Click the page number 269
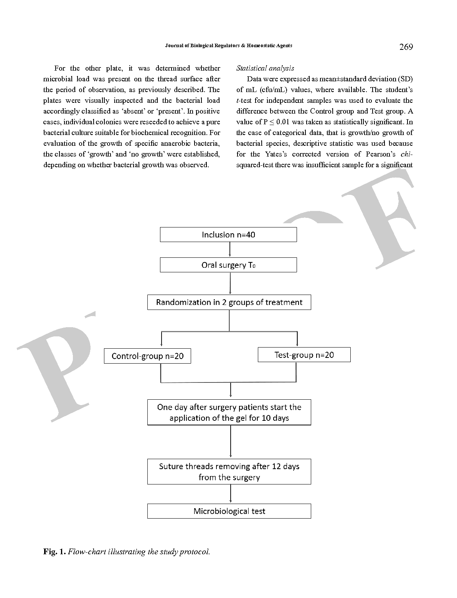point(406,47)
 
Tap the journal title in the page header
point(229,46)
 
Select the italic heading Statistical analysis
point(265,68)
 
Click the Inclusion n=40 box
point(228,235)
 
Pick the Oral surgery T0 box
point(228,265)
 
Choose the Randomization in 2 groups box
point(229,302)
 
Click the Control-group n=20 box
point(147,356)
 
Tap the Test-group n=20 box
point(304,355)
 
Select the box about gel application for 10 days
point(229,412)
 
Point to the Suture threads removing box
point(229,472)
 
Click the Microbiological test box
point(229,511)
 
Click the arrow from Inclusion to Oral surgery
point(229,250)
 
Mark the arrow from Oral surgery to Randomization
point(230,283)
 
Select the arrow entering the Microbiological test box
point(230,494)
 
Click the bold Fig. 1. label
point(54,552)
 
